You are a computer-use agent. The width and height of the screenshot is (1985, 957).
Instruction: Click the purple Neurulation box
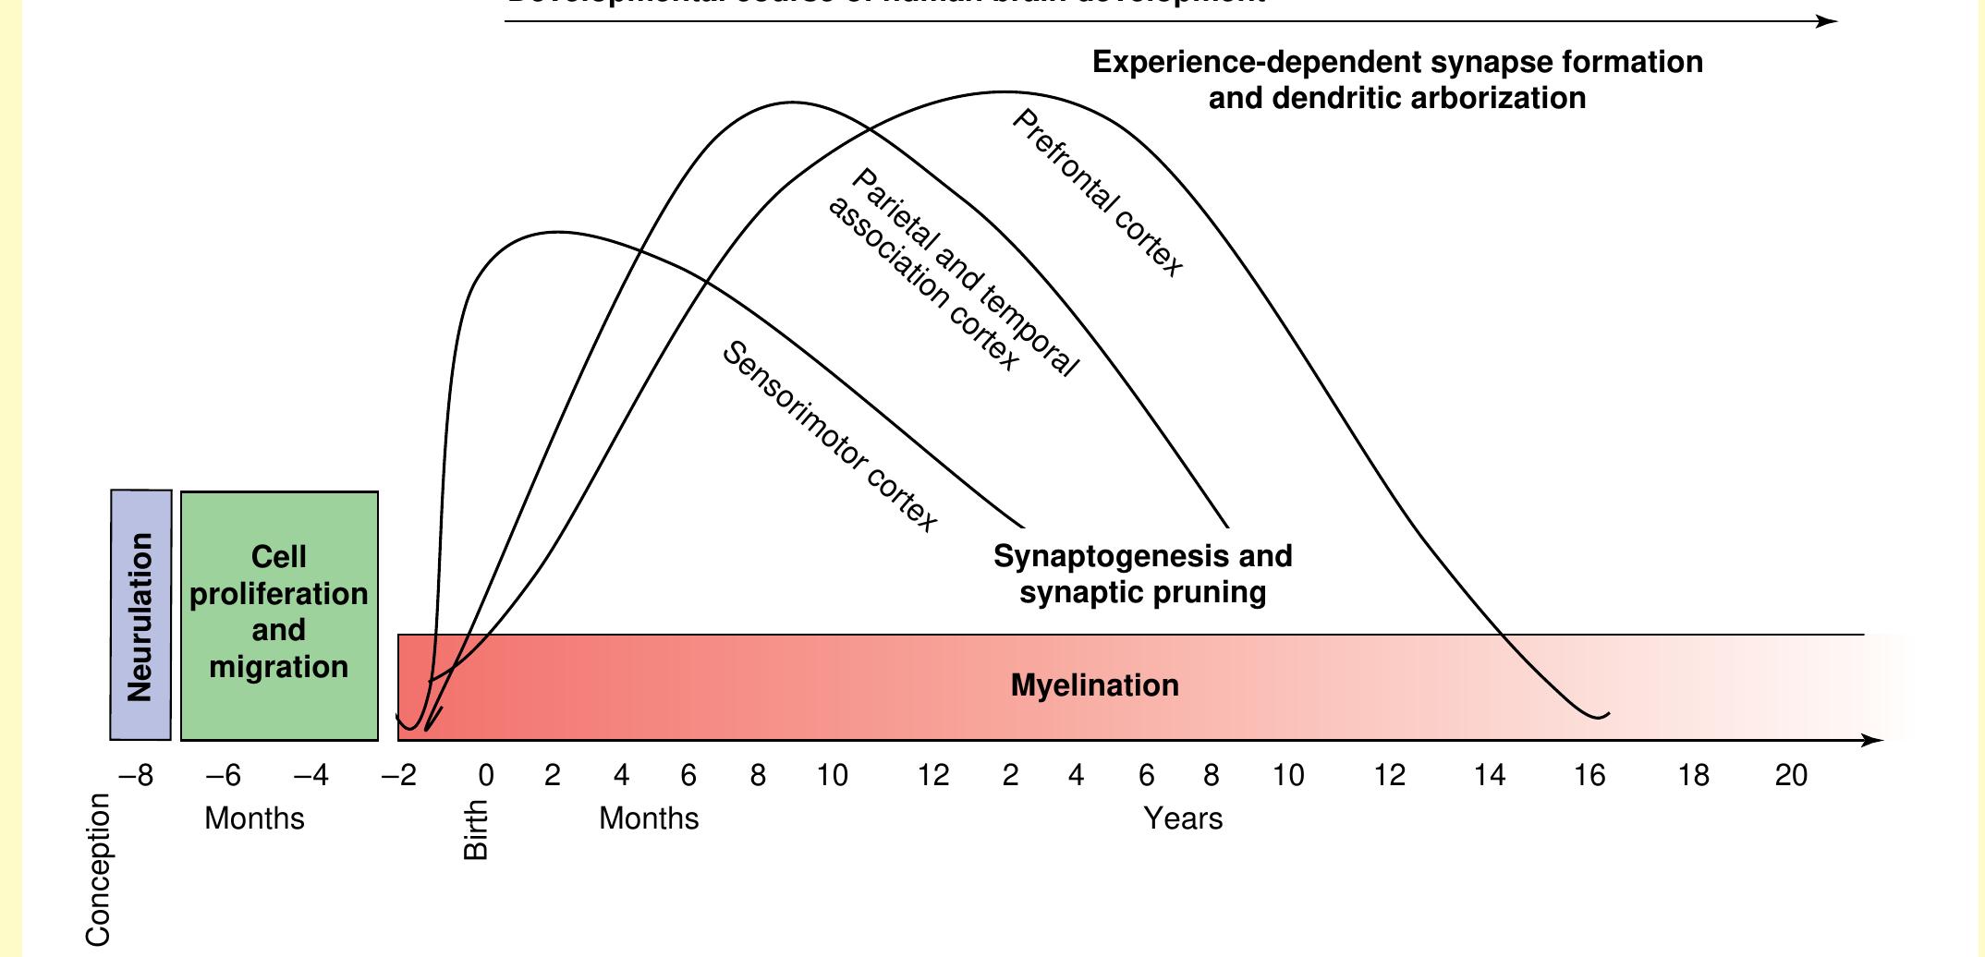[140, 615]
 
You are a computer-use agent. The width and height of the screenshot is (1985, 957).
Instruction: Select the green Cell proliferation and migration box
[279, 613]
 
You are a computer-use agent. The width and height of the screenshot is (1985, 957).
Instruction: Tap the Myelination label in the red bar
[1094, 685]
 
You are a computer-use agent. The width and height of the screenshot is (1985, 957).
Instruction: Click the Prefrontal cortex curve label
[1097, 193]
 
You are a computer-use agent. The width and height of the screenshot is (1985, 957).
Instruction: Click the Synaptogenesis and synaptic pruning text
[1142, 574]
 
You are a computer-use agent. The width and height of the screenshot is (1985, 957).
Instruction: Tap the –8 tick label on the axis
[136, 775]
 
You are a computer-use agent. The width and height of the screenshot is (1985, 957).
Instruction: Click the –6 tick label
[223, 775]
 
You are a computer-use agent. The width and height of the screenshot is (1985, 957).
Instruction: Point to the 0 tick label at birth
[485, 775]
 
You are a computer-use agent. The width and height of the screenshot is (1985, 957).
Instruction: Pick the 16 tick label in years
[1589, 775]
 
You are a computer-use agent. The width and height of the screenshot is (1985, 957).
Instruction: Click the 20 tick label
[1791, 775]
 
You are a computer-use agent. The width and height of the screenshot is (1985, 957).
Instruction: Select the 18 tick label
[1693, 775]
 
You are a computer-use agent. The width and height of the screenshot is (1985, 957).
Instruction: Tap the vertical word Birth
[475, 830]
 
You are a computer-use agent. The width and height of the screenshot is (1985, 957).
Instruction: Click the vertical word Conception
[98, 870]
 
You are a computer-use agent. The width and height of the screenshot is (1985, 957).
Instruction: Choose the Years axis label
[1183, 818]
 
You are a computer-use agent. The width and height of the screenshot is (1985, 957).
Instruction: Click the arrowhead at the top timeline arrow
[1828, 21]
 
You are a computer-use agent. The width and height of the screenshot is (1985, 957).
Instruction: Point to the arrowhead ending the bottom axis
[1872, 740]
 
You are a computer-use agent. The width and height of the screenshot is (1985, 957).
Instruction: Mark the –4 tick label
[311, 775]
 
